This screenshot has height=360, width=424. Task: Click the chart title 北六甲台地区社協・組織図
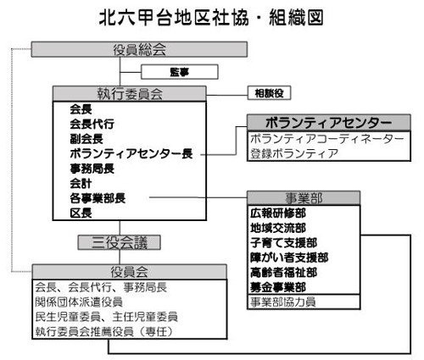pos(211,18)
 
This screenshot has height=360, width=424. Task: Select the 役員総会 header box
pos(139,49)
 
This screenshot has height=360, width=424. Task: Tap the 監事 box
pos(180,72)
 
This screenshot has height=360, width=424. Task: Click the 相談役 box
pos(269,93)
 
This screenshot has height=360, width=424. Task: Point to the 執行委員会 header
pos(130,94)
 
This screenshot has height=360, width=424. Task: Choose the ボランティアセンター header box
pos(329,123)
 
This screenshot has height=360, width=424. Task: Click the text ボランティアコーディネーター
pos(327,139)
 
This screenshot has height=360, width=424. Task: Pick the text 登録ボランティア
pos(294,153)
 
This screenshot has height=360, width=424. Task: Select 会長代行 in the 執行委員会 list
pos(92,124)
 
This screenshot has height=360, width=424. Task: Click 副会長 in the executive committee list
pos(86,139)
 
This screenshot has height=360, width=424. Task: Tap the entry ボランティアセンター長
pos(131,153)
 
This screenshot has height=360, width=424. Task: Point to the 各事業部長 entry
pos(98,198)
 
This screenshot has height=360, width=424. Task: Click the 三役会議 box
pos(120,242)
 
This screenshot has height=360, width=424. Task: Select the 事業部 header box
pos(304,198)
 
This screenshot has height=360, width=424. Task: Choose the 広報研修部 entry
pos(278,213)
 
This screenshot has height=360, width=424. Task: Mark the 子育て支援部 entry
pos(283,243)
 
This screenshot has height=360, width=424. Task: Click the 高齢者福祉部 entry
pos(283,273)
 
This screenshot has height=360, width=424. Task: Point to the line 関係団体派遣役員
pos(79,302)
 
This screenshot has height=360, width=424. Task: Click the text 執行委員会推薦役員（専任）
pos(103,331)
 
